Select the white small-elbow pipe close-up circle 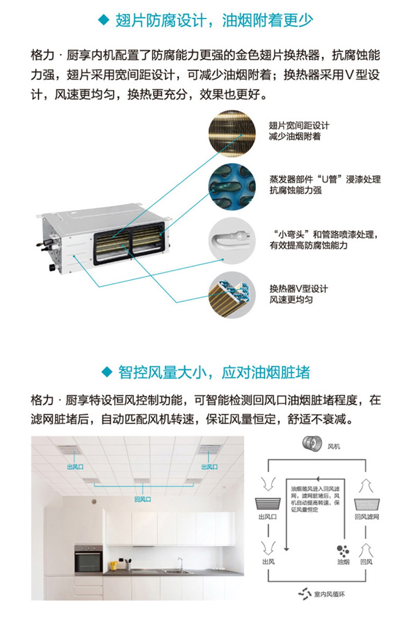(x=234, y=240)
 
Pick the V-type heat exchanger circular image (x=234, y=295)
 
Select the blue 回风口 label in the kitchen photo (x=142, y=499)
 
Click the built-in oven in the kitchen (x=88, y=558)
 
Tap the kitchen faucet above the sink (x=180, y=563)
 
